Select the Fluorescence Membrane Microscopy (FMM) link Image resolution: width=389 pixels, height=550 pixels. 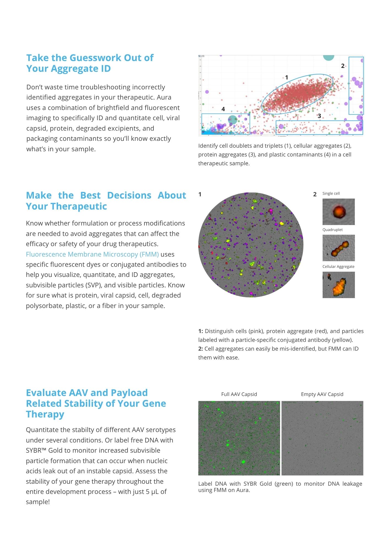point(92,254)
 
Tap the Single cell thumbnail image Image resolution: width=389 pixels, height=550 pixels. point(338,212)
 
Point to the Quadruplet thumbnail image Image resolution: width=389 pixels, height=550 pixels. point(338,248)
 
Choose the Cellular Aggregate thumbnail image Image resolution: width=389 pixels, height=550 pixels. point(338,285)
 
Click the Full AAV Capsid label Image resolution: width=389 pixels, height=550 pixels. point(239,394)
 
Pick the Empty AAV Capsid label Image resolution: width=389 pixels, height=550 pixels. point(322,394)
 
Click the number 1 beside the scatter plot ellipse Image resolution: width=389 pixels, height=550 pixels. point(286,78)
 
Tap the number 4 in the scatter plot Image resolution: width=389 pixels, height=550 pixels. point(223,109)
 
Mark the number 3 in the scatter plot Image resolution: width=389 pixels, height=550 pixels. point(319,116)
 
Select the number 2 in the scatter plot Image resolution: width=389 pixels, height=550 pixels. point(343,66)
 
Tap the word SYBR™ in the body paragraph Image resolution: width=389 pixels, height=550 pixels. point(36,450)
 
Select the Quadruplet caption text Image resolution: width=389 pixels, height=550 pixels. point(332,230)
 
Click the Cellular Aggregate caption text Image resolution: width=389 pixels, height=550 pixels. point(338,267)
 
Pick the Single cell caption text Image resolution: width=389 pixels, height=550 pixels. point(331,194)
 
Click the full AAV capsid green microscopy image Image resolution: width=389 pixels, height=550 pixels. point(239,438)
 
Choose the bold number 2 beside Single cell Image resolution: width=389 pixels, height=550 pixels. point(315,194)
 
